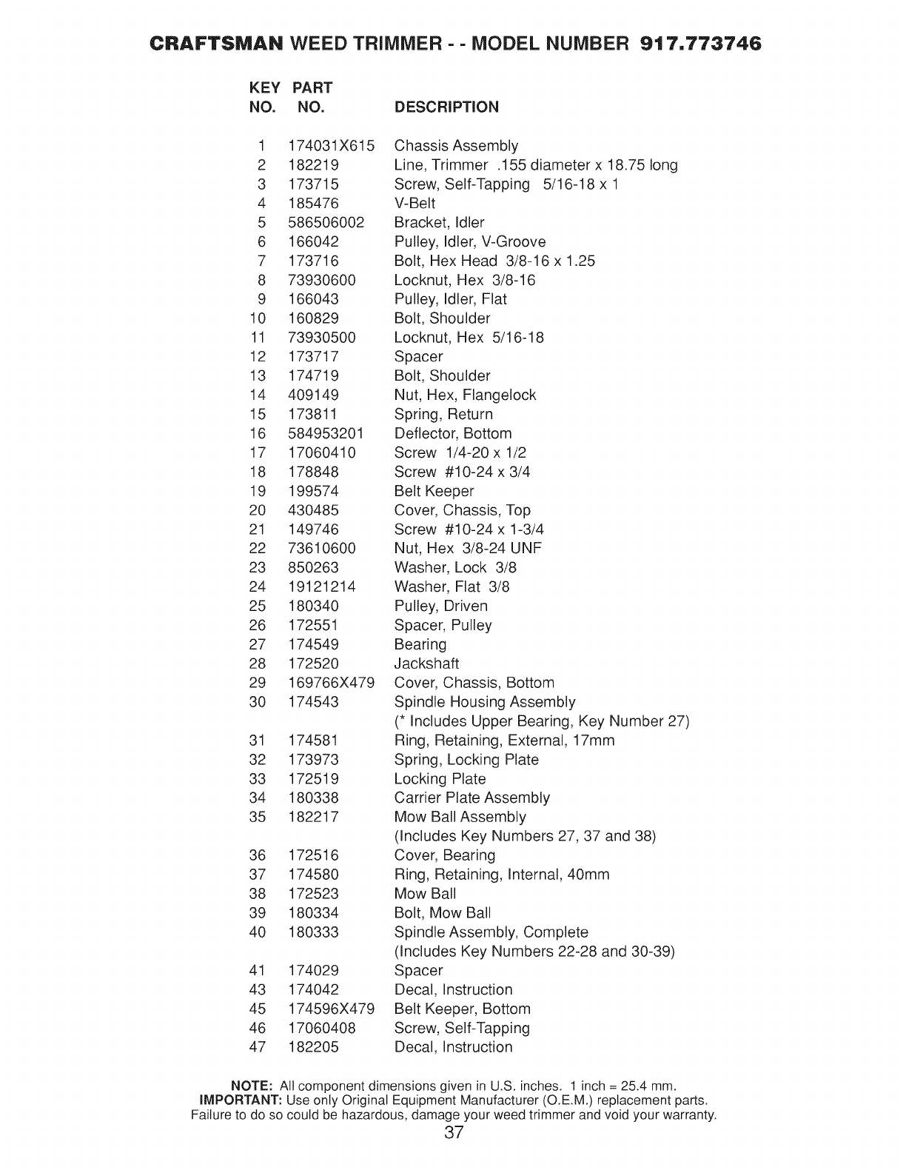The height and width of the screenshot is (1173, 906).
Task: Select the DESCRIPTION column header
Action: pos(446,107)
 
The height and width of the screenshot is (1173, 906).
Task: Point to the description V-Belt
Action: pos(415,203)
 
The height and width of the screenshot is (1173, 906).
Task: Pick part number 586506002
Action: pos(326,222)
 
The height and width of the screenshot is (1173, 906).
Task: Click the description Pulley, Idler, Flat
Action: pos(450,299)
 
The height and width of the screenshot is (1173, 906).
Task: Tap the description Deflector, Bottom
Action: pos(452,433)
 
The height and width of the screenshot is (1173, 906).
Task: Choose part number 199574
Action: pos(313,491)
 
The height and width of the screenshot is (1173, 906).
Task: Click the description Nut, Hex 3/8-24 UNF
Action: pos(468,548)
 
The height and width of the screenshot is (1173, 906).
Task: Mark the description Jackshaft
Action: pos(426,664)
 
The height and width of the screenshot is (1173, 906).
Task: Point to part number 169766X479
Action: pos(331,683)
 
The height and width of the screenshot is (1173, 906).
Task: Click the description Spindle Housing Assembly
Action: pos(484,702)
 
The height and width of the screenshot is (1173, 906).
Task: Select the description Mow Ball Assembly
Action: pos(460,817)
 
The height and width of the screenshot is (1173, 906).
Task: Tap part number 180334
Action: pos(313,913)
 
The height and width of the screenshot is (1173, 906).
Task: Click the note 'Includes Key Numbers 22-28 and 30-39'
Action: pos(534,952)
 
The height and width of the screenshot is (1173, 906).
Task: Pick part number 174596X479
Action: pos(331,1009)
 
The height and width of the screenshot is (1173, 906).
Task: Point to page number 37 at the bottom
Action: pos(454,1132)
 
